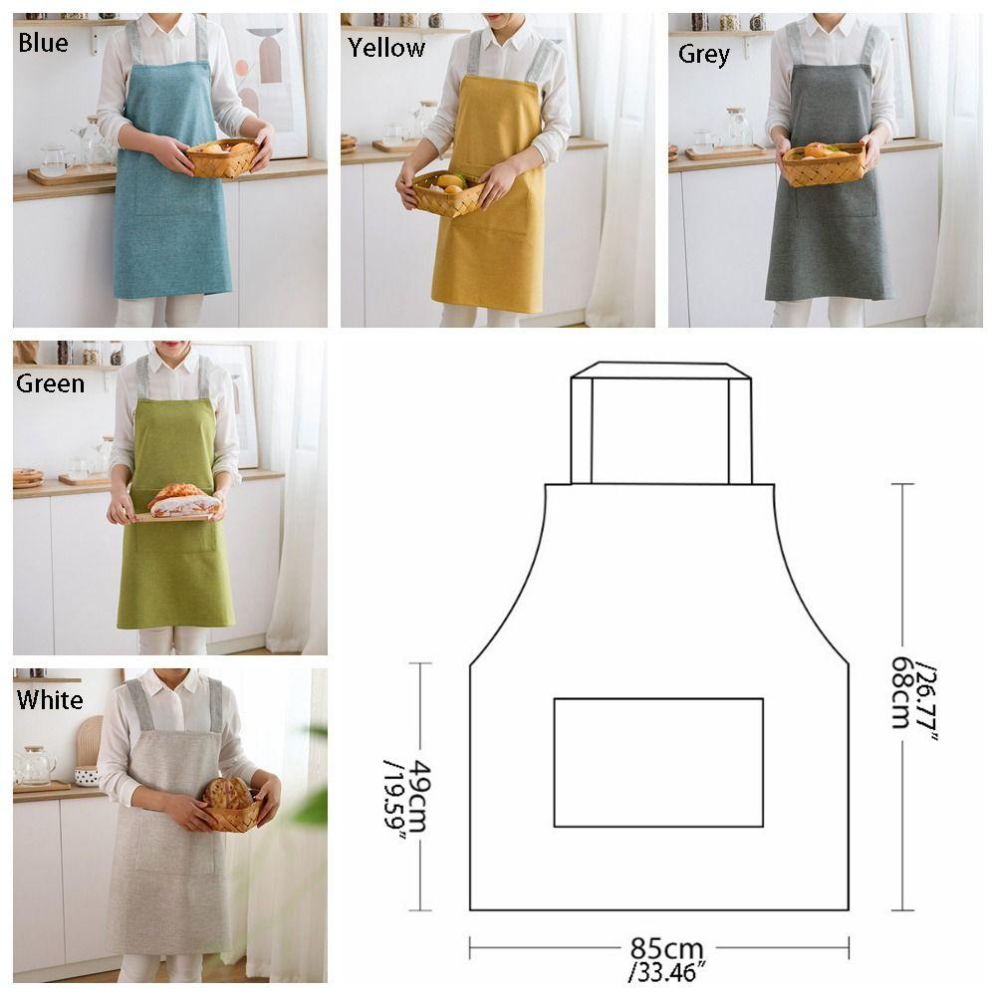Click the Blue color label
pos(43,43)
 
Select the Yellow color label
pos(386,47)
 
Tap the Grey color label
pos(704,54)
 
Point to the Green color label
pos(50,383)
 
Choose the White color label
pos(50,699)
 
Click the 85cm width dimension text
pos(666,947)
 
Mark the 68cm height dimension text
pos(902,692)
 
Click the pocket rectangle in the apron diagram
pos(658,762)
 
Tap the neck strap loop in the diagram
pos(660,371)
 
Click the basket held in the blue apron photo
pos(222,158)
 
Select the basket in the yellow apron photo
pos(447,192)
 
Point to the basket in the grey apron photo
pos(823,163)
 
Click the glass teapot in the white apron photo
pos(36,765)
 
